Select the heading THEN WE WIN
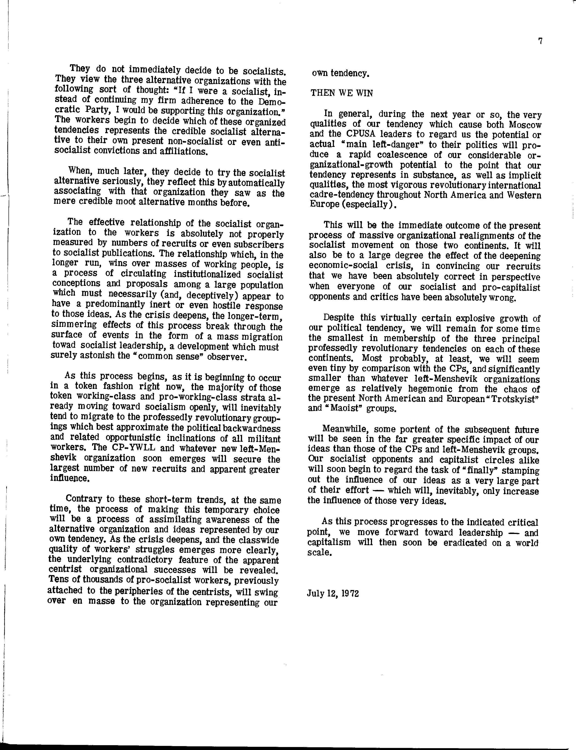[x=342, y=93]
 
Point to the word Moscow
[x=525, y=125]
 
